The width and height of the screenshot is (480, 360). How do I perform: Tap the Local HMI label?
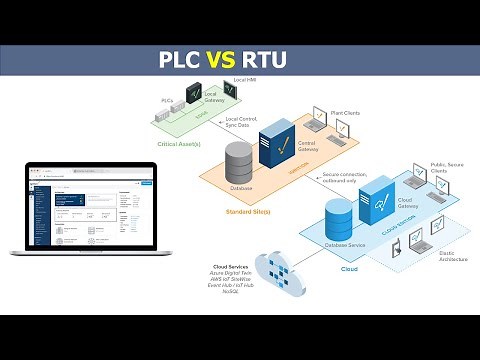coord(245,79)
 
